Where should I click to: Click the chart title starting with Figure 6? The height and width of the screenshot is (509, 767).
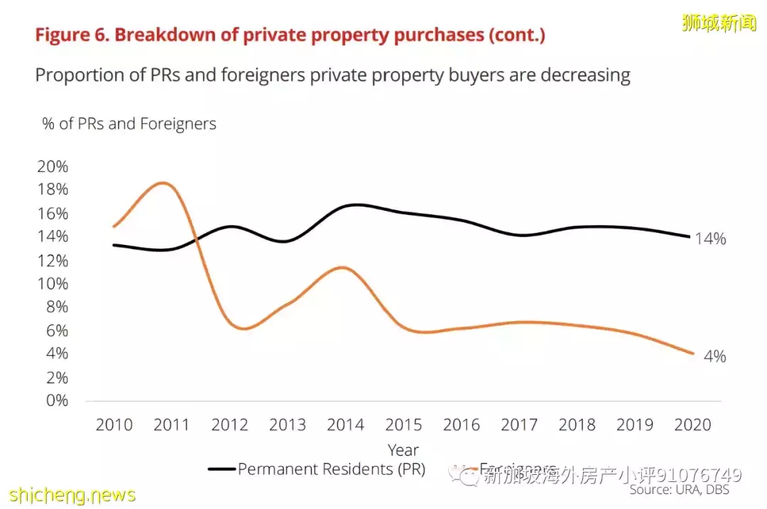pyautogui.click(x=290, y=35)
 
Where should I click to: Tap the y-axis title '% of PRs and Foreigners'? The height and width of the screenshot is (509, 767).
pyautogui.click(x=129, y=124)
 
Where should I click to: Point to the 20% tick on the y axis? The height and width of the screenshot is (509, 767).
pyautogui.click(x=53, y=167)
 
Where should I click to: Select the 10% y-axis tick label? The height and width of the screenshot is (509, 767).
pyautogui.click(x=53, y=284)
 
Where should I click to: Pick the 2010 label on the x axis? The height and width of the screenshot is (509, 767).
pyautogui.click(x=114, y=425)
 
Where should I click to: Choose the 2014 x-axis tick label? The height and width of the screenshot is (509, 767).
pyautogui.click(x=345, y=425)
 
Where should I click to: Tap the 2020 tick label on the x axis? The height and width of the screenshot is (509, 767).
pyautogui.click(x=692, y=425)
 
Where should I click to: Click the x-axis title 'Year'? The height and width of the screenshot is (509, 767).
pyautogui.click(x=403, y=450)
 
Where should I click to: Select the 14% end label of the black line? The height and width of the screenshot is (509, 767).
pyautogui.click(x=710, y=239)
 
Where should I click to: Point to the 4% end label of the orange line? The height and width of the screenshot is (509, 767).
pyautogui.click(x=714, y=356)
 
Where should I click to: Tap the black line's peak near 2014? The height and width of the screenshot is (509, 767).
pyautogui.click(x=355, y=204)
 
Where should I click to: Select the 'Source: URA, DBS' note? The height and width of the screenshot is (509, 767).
pyautogui.click(x=679, y=490)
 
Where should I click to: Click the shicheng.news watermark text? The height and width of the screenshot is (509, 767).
pyautogui.click(x=72, y=494)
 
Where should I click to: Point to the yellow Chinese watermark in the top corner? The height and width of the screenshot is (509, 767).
pyautogui.click(x=719, y=23)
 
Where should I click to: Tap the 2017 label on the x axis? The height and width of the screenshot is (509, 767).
pyautogui.click(x=518, y=425)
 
